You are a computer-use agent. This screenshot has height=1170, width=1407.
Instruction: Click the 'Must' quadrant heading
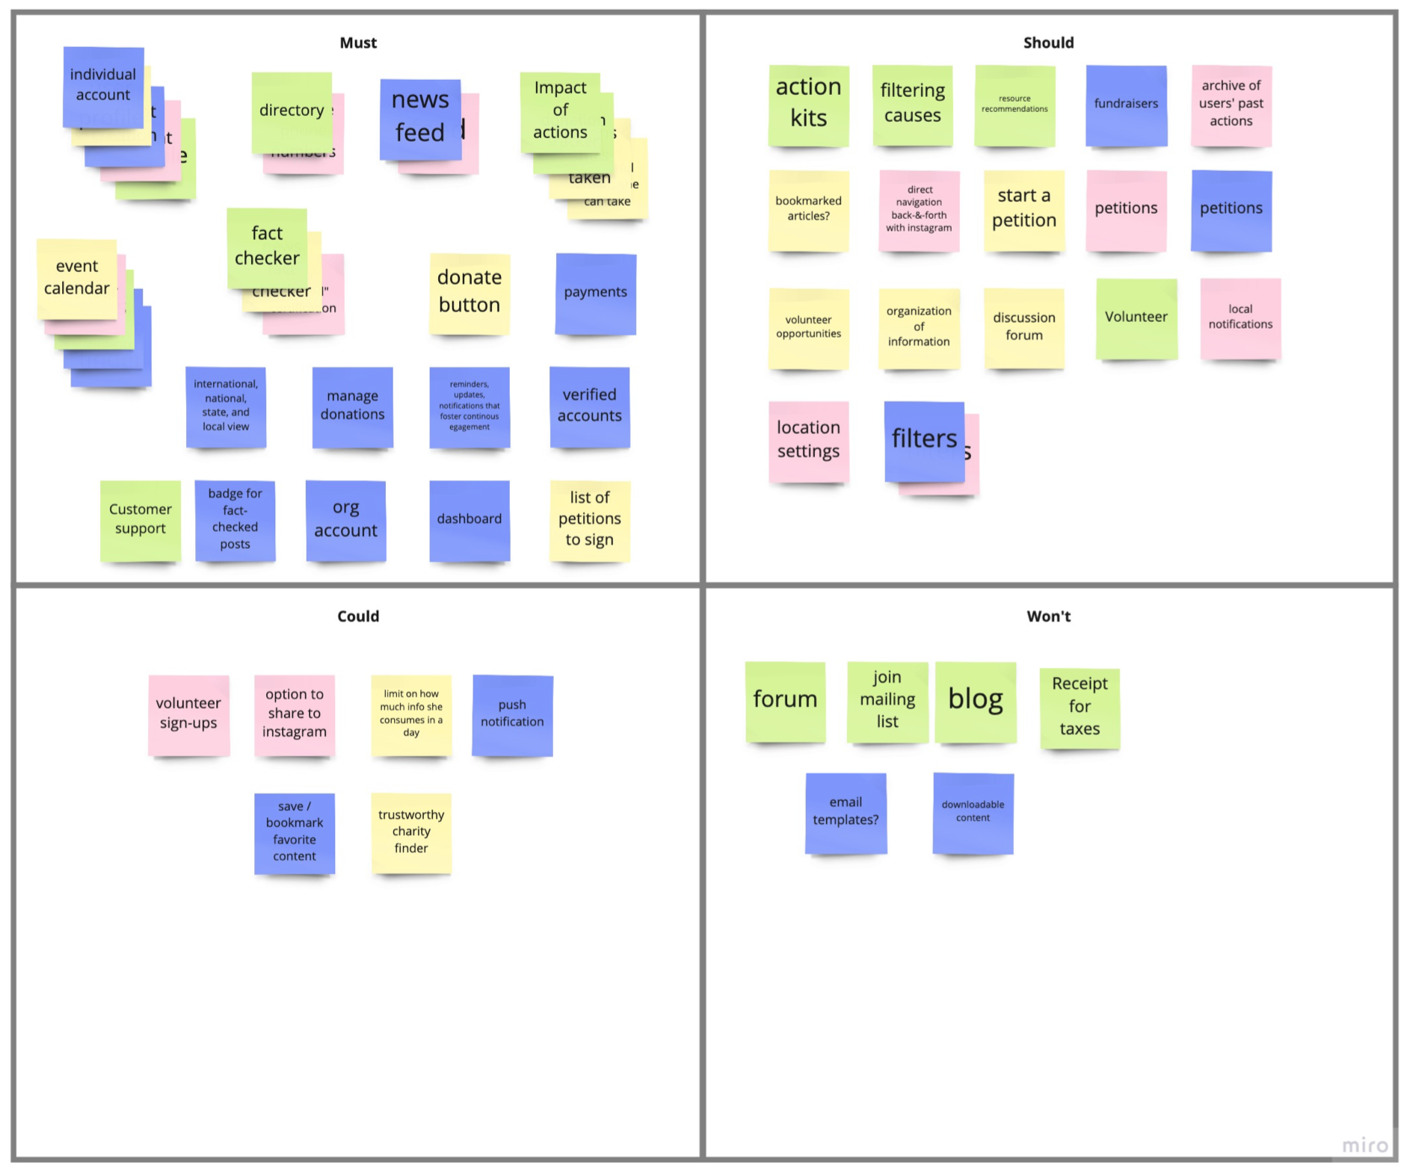point(358,43)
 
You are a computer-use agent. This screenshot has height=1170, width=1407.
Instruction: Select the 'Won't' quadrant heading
point(1048,616)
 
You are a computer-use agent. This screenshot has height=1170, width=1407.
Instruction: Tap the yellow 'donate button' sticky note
point(469,292)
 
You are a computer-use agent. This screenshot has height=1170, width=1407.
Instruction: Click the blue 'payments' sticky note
point(596,293)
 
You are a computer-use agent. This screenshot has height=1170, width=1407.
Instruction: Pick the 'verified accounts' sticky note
point(590,406)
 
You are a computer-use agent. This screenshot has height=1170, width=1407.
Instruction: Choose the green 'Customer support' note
point(141,520)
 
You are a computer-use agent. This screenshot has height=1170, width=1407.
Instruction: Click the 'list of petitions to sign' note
point(590,520)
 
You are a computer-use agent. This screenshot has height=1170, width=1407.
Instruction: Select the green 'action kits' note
point(808,104)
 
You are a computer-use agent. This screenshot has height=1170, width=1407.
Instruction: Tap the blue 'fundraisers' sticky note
point(1126,105)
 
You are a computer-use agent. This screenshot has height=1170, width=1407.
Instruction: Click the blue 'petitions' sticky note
point(1231,210)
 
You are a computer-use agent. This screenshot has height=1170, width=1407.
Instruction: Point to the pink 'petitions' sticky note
point(1126,210)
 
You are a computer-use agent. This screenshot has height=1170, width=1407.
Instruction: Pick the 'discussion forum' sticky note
point(1023,327)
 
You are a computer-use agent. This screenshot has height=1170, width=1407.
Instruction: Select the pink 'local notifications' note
point(1240,318)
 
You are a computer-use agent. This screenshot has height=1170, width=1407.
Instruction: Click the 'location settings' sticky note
point(808,441)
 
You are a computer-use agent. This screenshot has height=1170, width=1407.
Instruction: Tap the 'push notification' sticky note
point(512,714)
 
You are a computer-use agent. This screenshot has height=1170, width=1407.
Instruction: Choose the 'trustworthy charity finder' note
point(411,832)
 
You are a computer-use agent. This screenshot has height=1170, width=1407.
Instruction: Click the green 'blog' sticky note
point(976,701)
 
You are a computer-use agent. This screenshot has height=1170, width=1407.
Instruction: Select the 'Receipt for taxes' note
point(1080,707)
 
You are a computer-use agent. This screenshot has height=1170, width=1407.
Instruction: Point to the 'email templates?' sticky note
point(846,812)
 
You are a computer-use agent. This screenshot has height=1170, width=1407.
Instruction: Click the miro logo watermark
point(1365,1145)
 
